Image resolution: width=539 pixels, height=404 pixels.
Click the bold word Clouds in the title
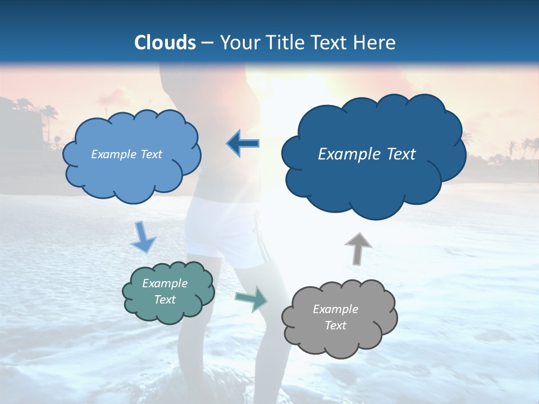pos(165,43)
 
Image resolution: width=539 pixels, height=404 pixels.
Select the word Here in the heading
pos(376,43)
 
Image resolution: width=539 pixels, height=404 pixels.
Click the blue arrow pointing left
pos(243,144)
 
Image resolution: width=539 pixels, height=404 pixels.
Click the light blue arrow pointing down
pos(143,238)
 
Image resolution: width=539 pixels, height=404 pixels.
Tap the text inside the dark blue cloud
pos(367,154)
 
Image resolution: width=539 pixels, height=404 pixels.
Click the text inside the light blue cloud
pos(126,154)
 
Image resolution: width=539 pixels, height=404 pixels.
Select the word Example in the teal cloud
pos(165,283)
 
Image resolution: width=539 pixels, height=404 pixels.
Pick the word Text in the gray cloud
pos(335,325)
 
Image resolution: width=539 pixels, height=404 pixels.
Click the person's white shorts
pos(225,230)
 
